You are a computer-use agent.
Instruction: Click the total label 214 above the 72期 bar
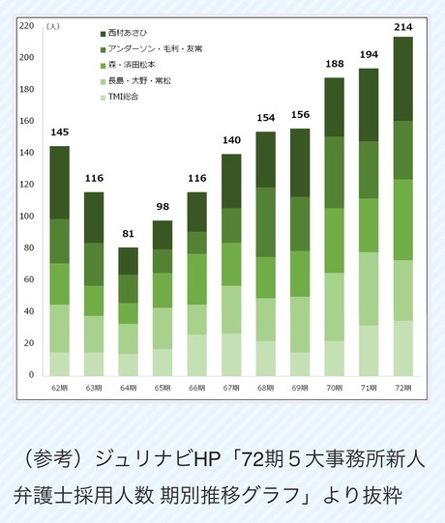402,27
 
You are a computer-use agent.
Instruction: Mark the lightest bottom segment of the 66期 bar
197,355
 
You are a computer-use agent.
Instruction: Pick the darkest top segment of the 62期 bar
60,183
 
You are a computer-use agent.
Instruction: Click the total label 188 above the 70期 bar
334,65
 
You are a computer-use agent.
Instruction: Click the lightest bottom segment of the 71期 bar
369,350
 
